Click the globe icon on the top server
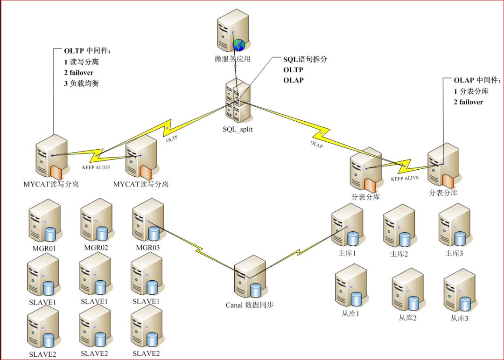tap(239, 45)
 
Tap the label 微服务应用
tap(232, 59)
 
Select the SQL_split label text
tap(238, 129)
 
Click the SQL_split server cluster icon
tap(238, 101)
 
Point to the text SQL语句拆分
tap(306, 60)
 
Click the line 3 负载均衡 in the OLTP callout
tap(82, 84)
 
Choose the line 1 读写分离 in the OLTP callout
tap(82, 62)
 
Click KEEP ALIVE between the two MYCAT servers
tap(96, 167)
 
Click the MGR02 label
tap(96, 248)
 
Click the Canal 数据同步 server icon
tap(250, 279)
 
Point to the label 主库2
tap(399, 254)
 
